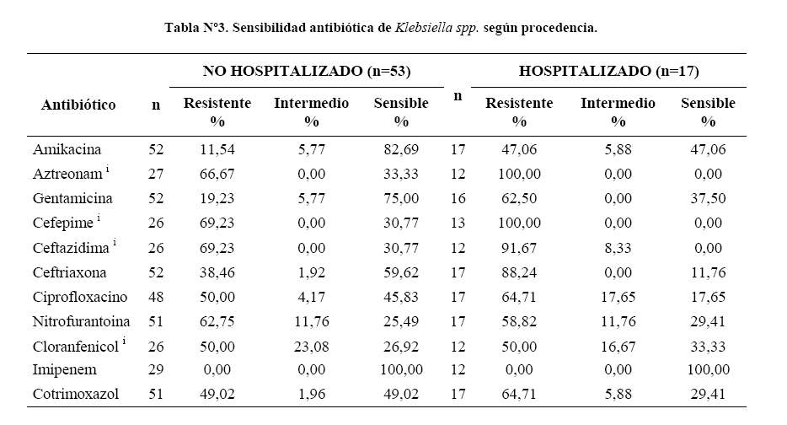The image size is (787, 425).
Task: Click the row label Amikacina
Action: click(x=67, y=149)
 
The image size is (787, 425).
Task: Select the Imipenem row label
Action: click(x=64, y=369)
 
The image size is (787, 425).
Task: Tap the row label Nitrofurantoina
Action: click(x=81, y=321)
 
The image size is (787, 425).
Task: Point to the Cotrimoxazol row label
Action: click(x=76, y=394)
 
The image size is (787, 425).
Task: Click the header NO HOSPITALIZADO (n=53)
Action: click(x=307, y=71)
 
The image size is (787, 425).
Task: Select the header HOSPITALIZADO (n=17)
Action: click(x=609, y=71)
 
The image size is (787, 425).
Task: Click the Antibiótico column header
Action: click(x=78, y=105)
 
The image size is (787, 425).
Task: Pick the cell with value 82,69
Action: click(x=401, y=149)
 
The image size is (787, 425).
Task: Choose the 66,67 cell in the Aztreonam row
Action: click(x=217, y=174)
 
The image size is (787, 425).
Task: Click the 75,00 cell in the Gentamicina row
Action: click(x=401, y=198)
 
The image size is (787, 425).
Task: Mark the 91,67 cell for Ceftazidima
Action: click(x=519, y=248)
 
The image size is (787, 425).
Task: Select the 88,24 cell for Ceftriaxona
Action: click(x=519, y=272)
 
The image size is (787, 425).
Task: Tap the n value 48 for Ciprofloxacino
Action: click(x=156, y=297)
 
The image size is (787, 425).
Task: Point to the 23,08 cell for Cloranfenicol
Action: click(x=311, y=347)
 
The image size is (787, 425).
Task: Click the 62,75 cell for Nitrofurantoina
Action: click(x=217, y=321)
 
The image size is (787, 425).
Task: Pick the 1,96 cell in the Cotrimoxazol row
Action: click(x=311, y=394)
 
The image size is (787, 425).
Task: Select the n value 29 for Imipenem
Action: click(x=156, y=369)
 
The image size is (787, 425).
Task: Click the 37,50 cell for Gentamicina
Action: click(x=708, y=198)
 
